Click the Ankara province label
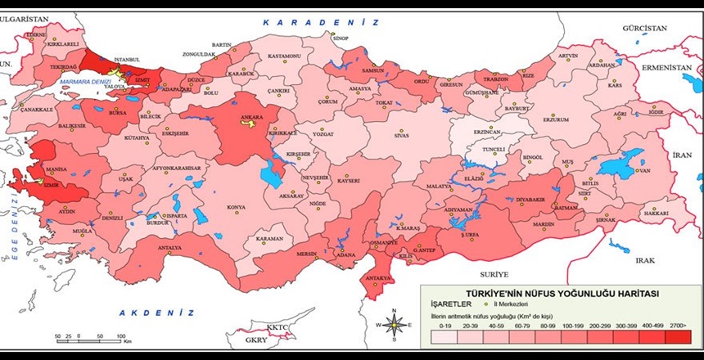tap(251, 118)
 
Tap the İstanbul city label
tap(128, 60)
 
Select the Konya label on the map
tap(236, 208)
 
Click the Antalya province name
tap(169, 247)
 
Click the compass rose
tap(396, 325)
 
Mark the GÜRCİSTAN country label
tap(644, 28)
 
